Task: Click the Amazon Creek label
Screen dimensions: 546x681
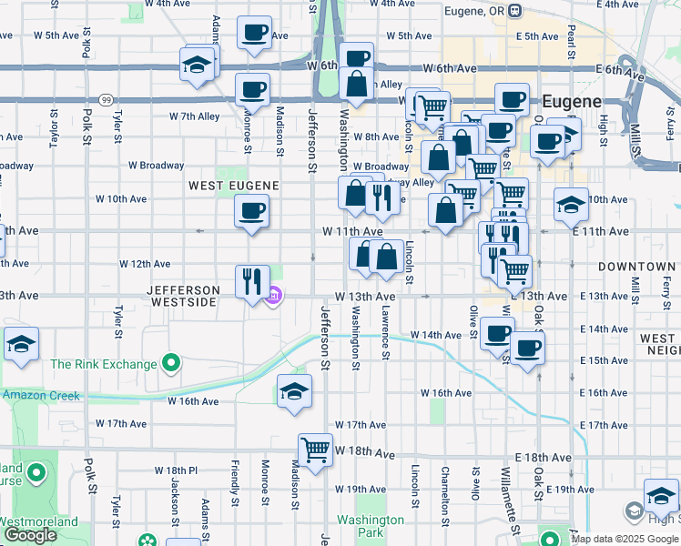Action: tap(40, 396)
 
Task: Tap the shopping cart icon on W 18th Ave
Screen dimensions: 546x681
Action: tap(315, 450)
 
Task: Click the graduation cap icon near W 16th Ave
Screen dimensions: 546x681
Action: tap(294, 391)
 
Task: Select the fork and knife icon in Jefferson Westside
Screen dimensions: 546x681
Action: tap(252, 280)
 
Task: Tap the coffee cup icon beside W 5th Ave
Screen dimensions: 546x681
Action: tap(254, 32)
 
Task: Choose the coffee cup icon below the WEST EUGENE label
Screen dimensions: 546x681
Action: tap(251, 211)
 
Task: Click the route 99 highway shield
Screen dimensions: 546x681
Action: tap(107, 99)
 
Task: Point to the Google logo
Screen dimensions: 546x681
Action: tap(30, 535)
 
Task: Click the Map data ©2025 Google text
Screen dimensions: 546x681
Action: tap(625, 539)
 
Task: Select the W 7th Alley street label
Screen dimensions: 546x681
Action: tap(195, 116)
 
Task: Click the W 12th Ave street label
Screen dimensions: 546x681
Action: tap(145, 264)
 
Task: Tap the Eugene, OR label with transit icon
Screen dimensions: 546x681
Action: tap(482, 11)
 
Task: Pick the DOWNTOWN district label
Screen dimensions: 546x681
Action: tap(636, 267)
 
